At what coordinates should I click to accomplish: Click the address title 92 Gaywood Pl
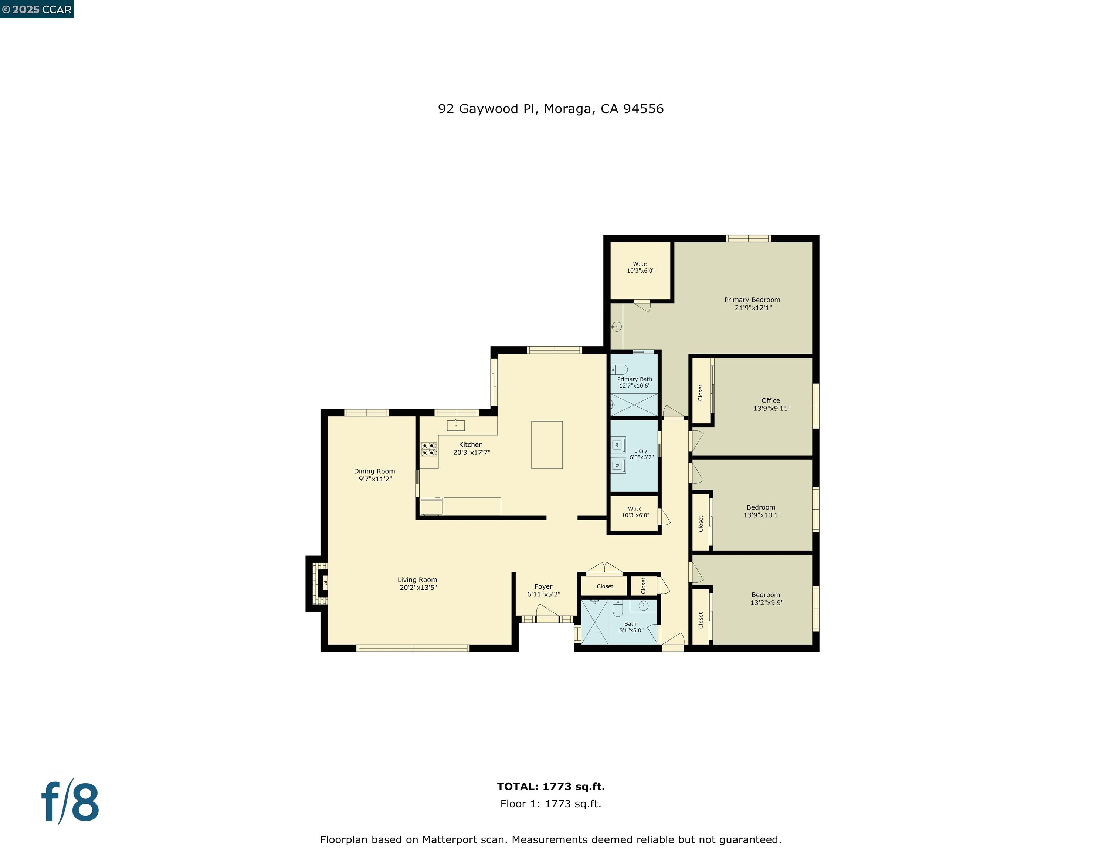click(550, 109)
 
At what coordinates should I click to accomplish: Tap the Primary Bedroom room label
click(752, 300)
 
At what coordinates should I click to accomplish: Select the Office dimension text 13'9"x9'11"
click(772, 408)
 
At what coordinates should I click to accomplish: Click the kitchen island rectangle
click(546, 445)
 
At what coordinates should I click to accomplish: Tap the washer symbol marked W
click(617, 445)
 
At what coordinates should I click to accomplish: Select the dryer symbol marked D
click(617, 465)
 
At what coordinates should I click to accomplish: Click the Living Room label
click(417, 580)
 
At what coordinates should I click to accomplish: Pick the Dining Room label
click(374, 471)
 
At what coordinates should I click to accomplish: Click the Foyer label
click(543, 586)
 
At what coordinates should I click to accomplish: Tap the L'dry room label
click(640, 451)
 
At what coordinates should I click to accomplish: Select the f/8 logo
click(70, 802)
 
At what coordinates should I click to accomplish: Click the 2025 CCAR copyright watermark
click(37, 10)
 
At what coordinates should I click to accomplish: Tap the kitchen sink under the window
click(456, 425)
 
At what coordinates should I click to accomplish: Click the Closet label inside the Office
click(701, 392)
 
